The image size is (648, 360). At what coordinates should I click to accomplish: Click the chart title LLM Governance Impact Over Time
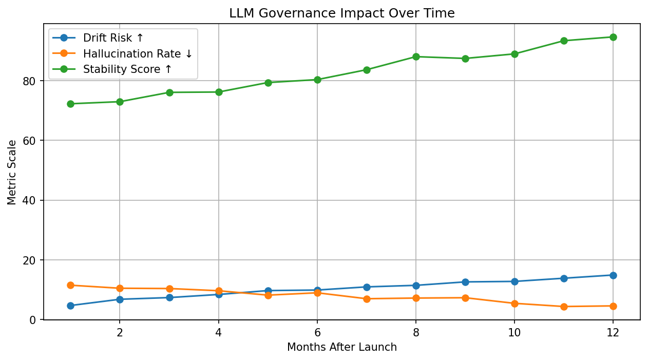tap(342, 13)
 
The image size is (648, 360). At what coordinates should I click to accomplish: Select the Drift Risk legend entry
tap(98, 37)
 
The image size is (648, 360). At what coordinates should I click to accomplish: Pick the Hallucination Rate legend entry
tap(122, 53)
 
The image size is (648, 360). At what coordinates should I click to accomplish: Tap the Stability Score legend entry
tap(112, 69)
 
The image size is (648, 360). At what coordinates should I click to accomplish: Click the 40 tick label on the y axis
tap(29, 200)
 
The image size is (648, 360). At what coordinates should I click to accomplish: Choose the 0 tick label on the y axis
tap(33, 320)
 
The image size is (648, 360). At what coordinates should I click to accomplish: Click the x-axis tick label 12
tap(613, 333)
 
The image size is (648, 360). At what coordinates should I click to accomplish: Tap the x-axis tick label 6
tap(317, 333)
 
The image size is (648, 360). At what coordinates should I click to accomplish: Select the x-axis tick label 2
tap(120, 333)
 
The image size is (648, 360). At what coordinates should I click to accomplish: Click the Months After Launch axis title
tap(342, 347)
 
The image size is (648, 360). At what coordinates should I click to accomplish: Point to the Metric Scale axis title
tap(12, 173)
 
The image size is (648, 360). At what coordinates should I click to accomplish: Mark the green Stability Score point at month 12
tap(613, 37)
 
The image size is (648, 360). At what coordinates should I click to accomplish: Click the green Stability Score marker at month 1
tap(70, 104)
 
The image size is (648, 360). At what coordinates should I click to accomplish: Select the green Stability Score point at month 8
tap(416, 56)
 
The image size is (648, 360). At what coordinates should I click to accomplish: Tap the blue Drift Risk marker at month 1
tap(70, 306)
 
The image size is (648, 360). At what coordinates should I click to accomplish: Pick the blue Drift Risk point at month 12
tap(613, 275)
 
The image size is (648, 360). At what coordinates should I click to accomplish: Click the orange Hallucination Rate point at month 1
tap(70, 286)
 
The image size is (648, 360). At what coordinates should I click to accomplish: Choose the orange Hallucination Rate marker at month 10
tap(514, 304)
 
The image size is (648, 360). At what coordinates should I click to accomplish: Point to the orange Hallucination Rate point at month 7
tap(367, 299)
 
